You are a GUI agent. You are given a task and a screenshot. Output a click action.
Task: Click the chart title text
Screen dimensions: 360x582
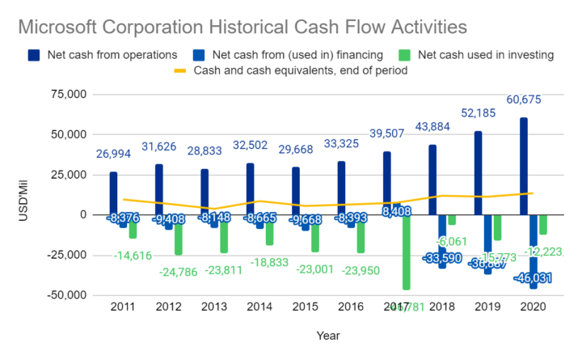[242, 27]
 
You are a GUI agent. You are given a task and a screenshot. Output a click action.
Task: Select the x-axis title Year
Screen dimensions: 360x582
[327, 335]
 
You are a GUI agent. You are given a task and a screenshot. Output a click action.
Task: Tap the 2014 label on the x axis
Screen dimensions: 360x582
[256, 308]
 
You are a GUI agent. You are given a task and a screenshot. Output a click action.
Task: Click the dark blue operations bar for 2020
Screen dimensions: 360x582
[524, 166]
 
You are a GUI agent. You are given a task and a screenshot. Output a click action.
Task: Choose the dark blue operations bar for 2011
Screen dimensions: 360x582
[113, 193]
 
